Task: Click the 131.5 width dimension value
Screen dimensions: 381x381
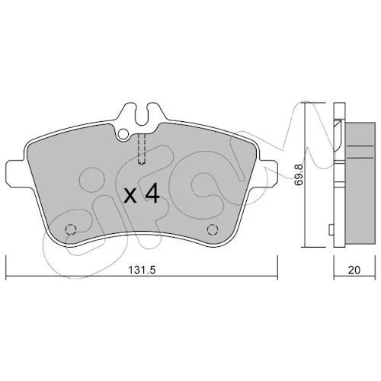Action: point(142,270)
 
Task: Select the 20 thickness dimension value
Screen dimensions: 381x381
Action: point(354,270)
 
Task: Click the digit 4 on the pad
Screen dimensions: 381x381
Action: point(152,194)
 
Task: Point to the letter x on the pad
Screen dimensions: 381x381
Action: point(130,196)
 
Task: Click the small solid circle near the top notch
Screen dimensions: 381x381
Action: point(123,134)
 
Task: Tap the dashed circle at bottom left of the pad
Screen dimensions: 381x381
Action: point(71,229)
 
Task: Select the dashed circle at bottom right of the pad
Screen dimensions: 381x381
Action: point(213,229)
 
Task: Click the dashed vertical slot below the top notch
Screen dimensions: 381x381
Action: point(142,149)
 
